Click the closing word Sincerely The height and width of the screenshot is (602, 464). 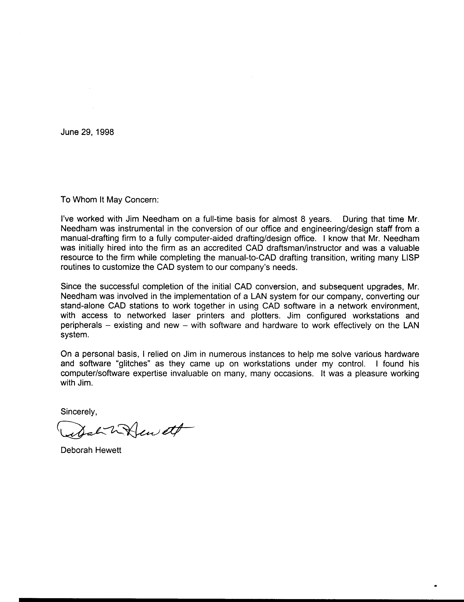pyautogui.click(x=79, y=412)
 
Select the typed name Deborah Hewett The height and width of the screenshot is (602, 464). pyautogui.click(x=91, y=450)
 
